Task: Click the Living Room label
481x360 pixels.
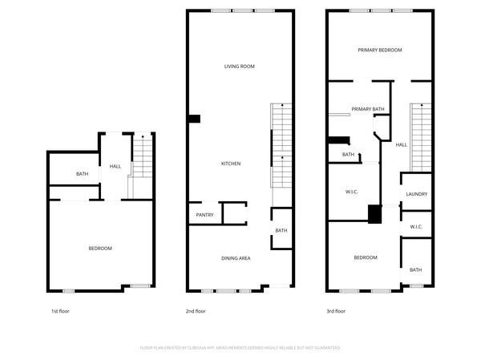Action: (239, 67)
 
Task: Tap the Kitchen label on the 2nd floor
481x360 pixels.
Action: (231, 164)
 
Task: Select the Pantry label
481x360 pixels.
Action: (204, 215)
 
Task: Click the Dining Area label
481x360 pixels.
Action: (236, 258)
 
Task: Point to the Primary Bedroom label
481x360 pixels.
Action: (379, 50)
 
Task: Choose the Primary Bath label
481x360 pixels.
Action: (368, 108)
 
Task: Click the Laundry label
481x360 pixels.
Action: (416, 194)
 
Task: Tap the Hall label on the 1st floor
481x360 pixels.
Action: (115, 167)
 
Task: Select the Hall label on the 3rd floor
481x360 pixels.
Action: (402, 144)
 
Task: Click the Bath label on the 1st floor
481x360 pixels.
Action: (82, 174)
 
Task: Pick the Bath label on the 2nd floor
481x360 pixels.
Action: (281, 231)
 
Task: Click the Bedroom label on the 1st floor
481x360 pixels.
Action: (100, 249)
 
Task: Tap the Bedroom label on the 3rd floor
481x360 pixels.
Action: (365, 257)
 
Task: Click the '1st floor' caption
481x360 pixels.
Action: (61, 311)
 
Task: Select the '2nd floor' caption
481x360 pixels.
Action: (196, 311)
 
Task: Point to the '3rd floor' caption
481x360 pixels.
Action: (336, 311)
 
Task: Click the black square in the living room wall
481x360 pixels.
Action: (193, 119)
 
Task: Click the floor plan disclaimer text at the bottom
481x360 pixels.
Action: (240, 348)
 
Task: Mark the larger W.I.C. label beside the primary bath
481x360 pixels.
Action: (351, 192)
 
